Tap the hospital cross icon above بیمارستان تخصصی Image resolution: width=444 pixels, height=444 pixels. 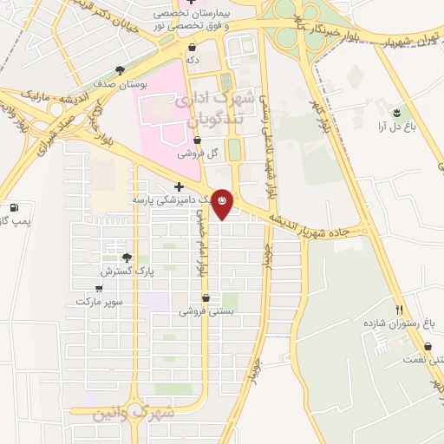click(x=190, y=3)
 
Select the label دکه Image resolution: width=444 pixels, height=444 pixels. click(x=193, y=61)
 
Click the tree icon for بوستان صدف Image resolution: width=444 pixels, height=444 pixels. click(x=120, y=70)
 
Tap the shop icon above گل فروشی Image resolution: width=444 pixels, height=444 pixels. click(x=197, y=140)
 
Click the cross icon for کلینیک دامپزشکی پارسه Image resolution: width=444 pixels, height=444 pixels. click(x=179, y=186)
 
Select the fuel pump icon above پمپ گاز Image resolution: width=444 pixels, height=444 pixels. click(x=14, y=208)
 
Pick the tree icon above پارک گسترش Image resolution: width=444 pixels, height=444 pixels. click(x=127, y=258)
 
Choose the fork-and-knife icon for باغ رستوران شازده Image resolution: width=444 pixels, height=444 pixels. click(x=400, y=309)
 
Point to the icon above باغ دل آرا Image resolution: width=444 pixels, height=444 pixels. click(x=396, y=113)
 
